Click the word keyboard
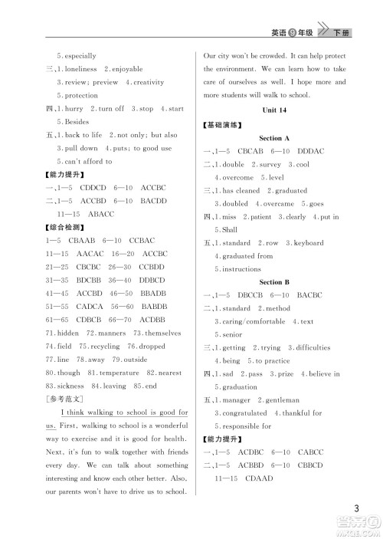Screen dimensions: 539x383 (309, 242)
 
